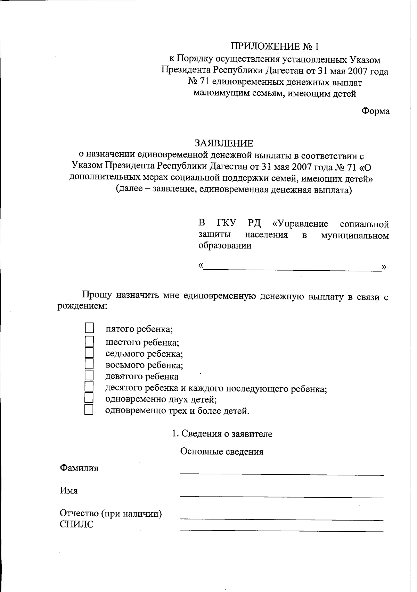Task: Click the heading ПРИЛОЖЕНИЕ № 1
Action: point(275,46)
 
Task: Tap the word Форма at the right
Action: point(375,111)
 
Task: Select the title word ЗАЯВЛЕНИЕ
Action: point(224,143)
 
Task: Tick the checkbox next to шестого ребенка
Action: point(89,341)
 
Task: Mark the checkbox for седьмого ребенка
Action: point(89,353)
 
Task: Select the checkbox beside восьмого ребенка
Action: point(89,364)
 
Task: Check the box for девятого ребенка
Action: point(89,375)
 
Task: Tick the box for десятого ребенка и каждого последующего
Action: point(89,387)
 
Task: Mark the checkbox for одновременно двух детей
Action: point(89,398)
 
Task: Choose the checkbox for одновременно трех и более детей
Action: point(89,410)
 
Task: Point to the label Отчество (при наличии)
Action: point(111,513)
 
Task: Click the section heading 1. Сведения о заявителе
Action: point(222,434)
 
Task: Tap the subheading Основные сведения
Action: point(222,451)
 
